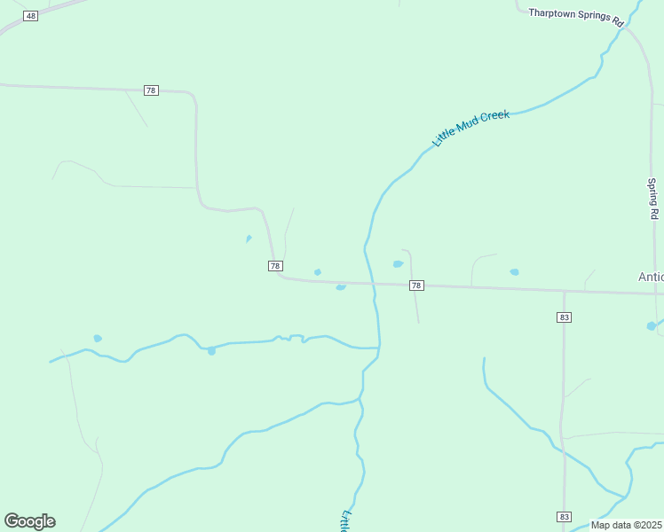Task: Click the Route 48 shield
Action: (31, 16)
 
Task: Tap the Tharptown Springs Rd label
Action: (576, 17)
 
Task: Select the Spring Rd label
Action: (652, 199)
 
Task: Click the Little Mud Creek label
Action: (470, 129)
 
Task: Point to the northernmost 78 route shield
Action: (151, 90)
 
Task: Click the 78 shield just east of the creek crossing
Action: (416, 286)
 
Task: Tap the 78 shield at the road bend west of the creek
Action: (275, 266)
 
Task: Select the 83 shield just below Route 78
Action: (565, 317)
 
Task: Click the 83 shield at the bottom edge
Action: (565, 516)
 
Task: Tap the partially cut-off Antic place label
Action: (651, 277)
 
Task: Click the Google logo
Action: (29, 521)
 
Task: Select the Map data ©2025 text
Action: (626, 525)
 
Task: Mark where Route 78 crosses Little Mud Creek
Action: (374, 285)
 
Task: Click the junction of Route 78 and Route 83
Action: (564, 290)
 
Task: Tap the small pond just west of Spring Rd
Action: (652, 326)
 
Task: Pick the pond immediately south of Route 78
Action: (341, 287)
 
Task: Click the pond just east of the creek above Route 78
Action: (398, 263)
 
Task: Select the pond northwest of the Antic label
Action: (514, 272)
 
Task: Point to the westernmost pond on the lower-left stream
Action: (98, 338)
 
